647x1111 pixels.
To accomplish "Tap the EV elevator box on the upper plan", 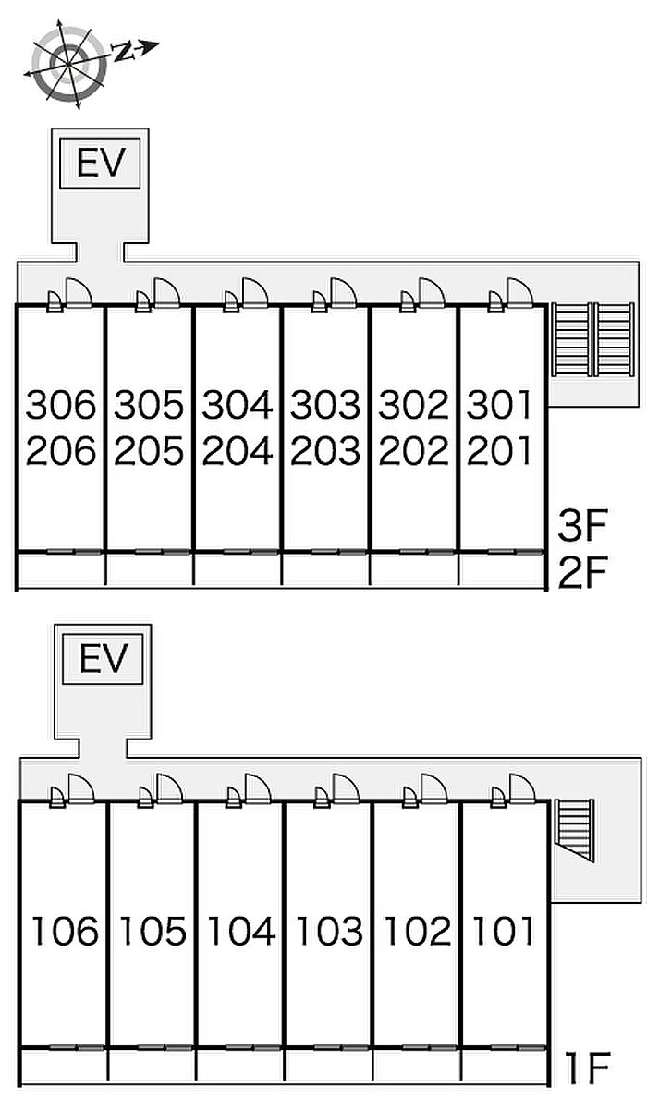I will click(x=100, y=165).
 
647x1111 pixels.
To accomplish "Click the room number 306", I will click(x=61, y=405).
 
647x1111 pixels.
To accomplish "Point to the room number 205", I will click(x=150, y=451).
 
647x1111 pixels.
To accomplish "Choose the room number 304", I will click(x=238, y=405).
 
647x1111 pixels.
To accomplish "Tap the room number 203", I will click(x=325, y=451).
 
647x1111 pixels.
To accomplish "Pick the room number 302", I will click(x=414, y=405).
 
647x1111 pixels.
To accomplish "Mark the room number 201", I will click(x=500, y=451).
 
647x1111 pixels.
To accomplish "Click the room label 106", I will click(x=65, y=931).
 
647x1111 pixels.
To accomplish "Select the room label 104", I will click(x=241, y=931).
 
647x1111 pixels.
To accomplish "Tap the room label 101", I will click(x=504, y=931).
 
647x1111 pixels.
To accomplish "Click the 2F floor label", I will click(x=581, y=574).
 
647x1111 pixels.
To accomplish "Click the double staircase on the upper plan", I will click(x=592, y=338).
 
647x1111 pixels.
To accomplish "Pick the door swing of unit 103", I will click(x=348, y=787).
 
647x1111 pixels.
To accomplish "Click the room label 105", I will click(x=153, y=931).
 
